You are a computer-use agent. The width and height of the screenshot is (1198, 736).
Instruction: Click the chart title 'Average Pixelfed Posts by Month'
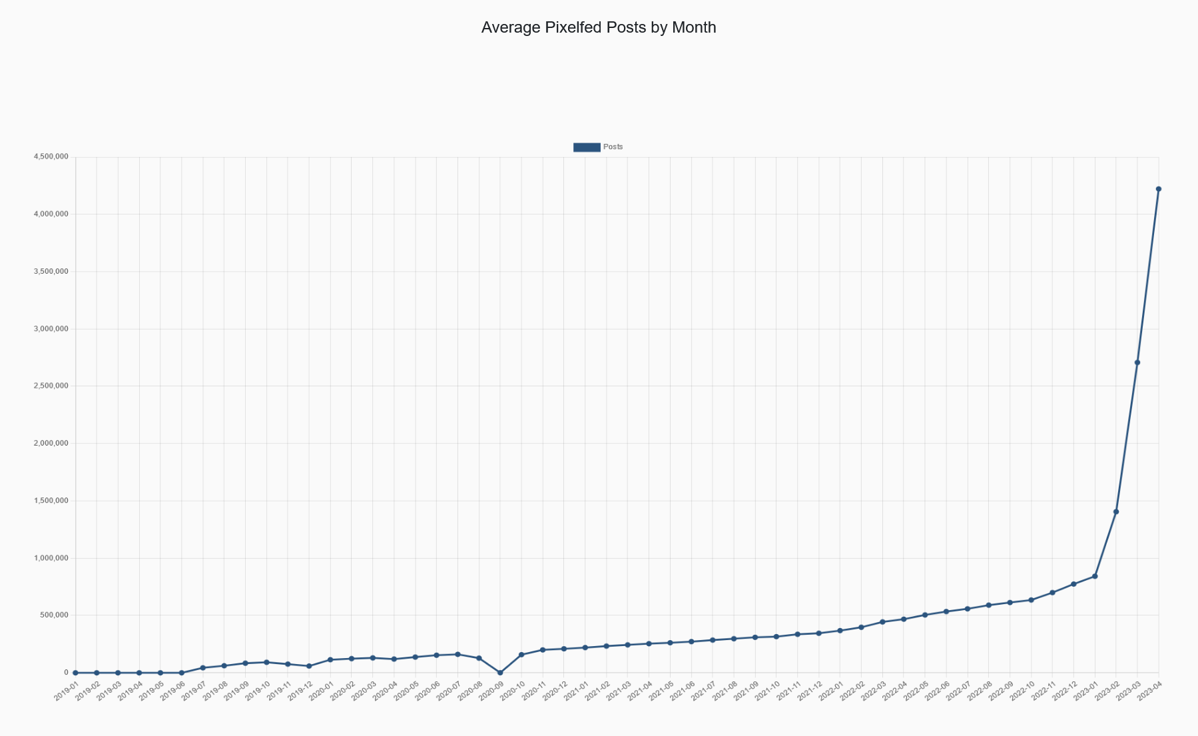click(598, 27)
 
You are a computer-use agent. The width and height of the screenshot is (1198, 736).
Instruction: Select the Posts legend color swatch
click(586, 147)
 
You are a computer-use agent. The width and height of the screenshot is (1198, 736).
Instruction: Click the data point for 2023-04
click(1158, 189)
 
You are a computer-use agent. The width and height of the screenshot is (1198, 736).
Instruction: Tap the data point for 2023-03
click(1137, 362)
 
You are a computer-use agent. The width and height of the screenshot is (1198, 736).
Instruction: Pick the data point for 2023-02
click(1116, 512)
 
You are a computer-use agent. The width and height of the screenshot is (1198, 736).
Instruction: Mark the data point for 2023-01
click(1095, 576)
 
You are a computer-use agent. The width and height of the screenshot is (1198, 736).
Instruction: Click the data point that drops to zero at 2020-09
click(500, 673)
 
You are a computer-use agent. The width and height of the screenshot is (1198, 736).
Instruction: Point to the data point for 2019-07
click(202, 667)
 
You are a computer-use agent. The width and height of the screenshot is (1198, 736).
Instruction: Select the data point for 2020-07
click(457, 654)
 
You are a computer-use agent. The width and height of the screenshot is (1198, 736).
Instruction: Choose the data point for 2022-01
click(840, 631)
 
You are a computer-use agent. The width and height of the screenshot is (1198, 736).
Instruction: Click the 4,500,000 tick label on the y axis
click(51, 157)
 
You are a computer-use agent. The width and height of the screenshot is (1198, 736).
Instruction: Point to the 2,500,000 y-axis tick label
click(51, 386)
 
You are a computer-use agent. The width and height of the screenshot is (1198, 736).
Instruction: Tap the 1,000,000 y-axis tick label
click(51, 558)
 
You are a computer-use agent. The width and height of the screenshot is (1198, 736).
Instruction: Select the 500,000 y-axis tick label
click(53, 615)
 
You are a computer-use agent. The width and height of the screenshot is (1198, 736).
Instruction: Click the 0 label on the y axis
click(66, 673)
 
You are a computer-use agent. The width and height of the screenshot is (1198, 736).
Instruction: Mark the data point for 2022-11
click(1052, 593)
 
